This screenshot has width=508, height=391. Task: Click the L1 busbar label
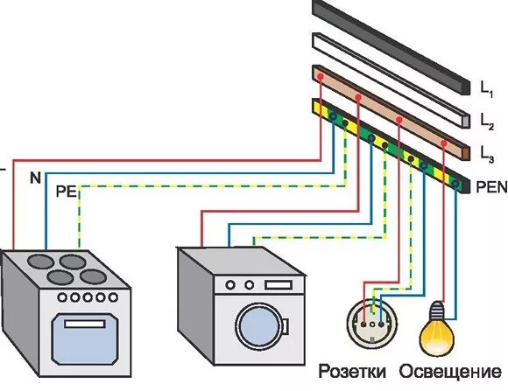487,89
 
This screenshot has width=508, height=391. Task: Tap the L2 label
487,122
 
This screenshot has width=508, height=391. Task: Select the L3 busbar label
487,155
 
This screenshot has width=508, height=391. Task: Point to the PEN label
491,187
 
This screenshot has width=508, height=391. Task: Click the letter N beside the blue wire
36,178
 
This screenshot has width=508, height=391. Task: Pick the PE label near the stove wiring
67,192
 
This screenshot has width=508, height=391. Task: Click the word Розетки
352,372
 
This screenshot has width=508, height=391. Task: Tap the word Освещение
450,372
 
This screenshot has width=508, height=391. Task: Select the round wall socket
372,324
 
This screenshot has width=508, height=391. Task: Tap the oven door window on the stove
84,339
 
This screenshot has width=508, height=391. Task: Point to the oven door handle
85,324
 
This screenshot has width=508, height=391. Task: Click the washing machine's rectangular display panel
279,285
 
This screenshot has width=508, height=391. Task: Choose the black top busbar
392,47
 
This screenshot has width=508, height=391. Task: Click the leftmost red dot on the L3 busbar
321,77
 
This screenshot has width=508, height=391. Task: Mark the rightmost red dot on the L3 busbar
444,143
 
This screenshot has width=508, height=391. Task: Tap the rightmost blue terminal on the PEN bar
455,185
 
